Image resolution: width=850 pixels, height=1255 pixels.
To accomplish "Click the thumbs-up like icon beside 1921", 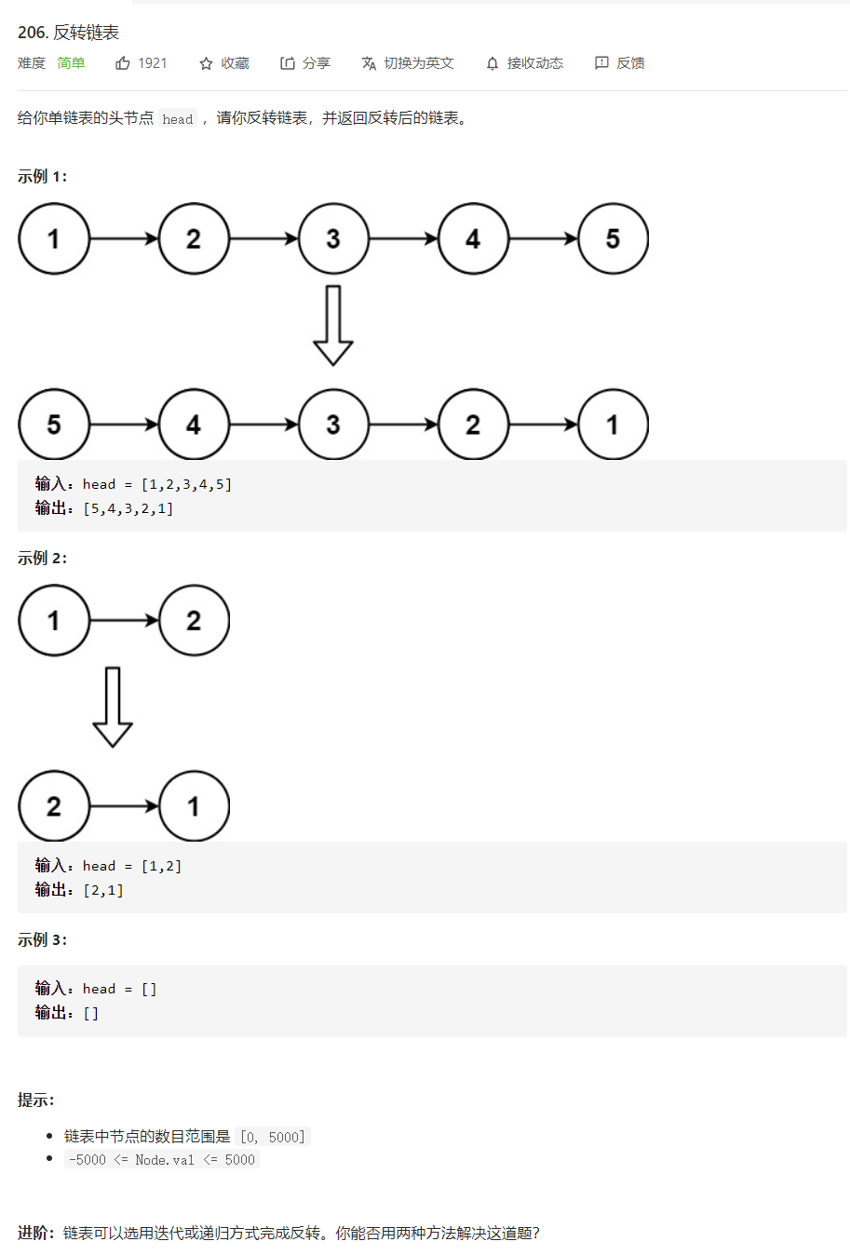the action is [x=123, y=63].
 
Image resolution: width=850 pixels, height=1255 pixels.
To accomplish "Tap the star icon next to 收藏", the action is [x=206, y=64].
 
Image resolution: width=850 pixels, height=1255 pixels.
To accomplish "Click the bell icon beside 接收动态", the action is [x=492, y=64].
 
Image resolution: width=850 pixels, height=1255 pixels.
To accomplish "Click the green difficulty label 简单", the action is [x=71, y=63].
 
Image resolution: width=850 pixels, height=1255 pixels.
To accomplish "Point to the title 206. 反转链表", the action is [x=68, y=33].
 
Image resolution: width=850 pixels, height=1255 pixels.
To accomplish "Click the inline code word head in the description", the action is [x=178, y=119].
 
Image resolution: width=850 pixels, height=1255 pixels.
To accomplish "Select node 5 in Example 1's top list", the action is [x=613, y=238].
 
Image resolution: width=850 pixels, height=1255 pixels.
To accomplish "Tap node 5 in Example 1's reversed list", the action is [x=54, y=425].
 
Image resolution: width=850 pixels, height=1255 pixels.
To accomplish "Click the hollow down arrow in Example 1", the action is [x=333, y=326].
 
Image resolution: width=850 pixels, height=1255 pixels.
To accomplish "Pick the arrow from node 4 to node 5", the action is [x=544, y=238].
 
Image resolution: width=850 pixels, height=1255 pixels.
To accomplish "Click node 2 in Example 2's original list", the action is [x=194, y=620].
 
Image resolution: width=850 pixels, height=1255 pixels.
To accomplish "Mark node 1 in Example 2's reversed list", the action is [x=194, y=806].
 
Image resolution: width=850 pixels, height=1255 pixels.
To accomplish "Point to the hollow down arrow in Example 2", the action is [x=113, y=707].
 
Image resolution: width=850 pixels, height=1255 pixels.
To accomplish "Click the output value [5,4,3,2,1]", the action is [x=128, y=508].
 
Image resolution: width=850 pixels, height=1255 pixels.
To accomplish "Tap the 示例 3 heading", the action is [x=42, y=939].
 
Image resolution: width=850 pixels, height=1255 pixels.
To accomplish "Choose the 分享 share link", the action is [x=305, y=63].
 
